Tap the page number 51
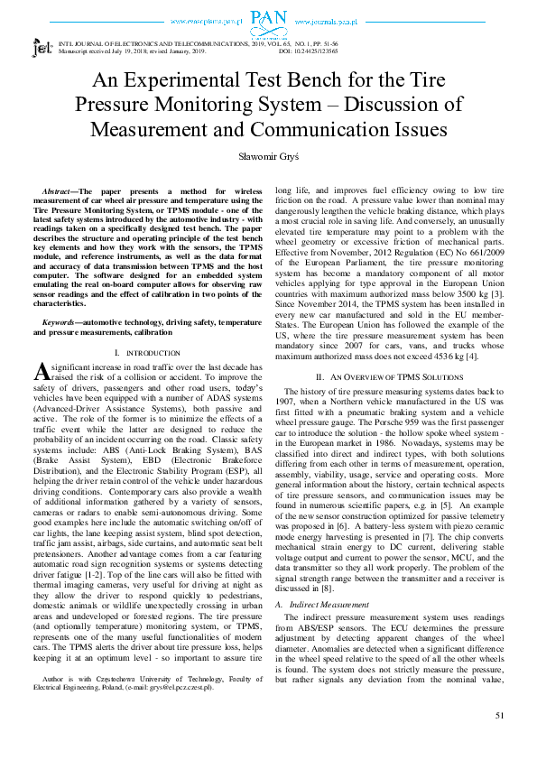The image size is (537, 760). pos(499,716)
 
